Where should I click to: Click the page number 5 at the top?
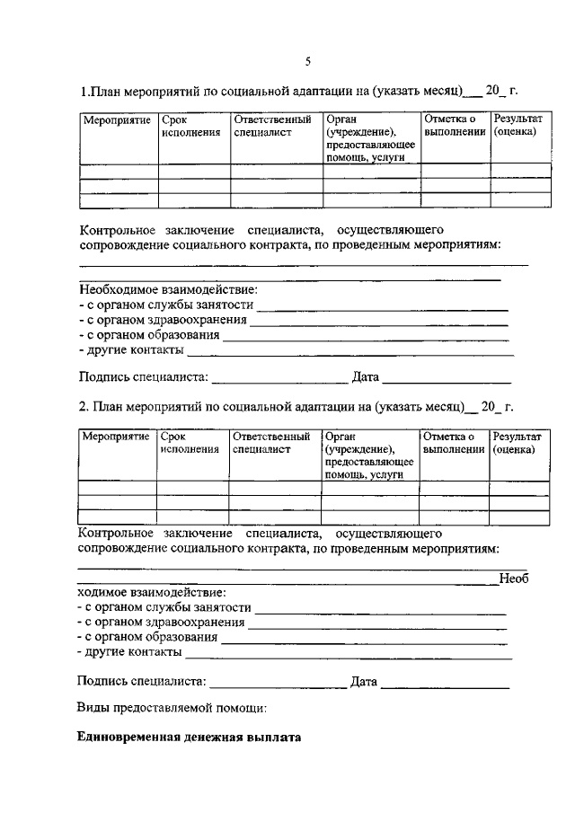(307, 62)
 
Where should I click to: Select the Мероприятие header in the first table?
(116, 119)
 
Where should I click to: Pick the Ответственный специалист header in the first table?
(272, 126)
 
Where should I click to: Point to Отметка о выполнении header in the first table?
(454, 126)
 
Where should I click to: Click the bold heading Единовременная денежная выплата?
(190, 738)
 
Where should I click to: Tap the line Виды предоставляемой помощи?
(172, 709)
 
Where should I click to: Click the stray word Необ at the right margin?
(514, 579)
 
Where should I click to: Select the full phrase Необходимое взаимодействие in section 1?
(167, 290)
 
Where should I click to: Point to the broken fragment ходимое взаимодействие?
(152, 593)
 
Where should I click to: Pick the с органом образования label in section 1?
(149, 335)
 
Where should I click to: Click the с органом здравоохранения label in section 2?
(162, 623)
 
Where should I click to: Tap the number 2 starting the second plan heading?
(83, 407)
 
